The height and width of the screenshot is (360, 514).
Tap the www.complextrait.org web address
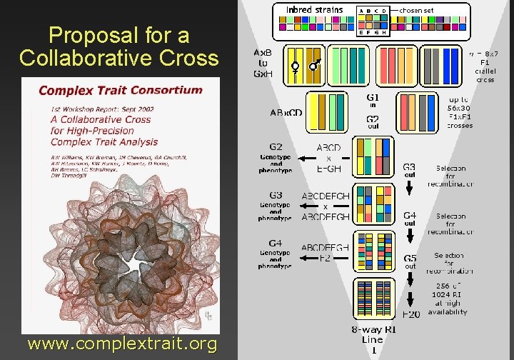tap(122, 344)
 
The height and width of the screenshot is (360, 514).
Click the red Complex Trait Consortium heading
tap(121, 90)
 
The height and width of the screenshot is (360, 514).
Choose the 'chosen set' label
tap(415, 10)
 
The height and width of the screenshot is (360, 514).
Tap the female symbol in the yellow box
tap(294, 69)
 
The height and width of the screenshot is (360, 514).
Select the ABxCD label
tap(286, 112)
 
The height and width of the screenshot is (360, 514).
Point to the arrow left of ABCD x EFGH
tap(308, 158)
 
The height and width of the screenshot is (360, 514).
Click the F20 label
tap(410, 314)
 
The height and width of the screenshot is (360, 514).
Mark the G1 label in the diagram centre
tap(373, 97)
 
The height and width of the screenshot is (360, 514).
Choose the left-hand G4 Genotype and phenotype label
tap(276, 255)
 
